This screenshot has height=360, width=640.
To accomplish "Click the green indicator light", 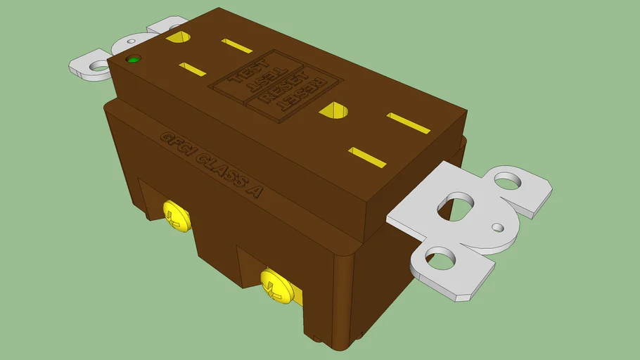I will tap(132, 59).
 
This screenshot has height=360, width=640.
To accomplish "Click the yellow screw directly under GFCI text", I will tap(177, 215).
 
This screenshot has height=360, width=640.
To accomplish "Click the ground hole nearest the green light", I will tap(177, 37).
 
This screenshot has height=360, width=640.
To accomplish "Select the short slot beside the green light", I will tap(192, 69).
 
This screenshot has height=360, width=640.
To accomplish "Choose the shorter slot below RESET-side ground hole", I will tap(368, 157).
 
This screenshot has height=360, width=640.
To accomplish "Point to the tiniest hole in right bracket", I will tap(498, 227).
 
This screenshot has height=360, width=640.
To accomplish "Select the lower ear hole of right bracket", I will tap(443, 259).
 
